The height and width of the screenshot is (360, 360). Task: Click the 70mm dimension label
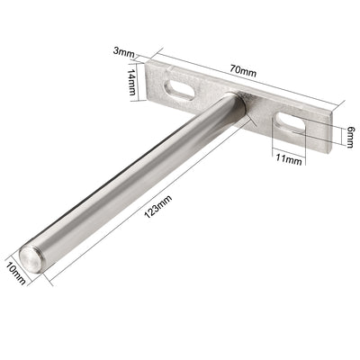(243, 71)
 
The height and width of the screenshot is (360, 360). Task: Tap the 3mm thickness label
(123, 51)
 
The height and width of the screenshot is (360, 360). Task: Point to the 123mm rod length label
(158, 206)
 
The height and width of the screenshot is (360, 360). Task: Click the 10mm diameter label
(15, 274)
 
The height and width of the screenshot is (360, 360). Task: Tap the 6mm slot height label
(350, 137)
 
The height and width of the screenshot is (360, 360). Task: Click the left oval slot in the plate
(179, 89)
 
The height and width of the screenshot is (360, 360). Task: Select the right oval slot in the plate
(291, 122)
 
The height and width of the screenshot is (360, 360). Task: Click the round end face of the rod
(30, 259)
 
